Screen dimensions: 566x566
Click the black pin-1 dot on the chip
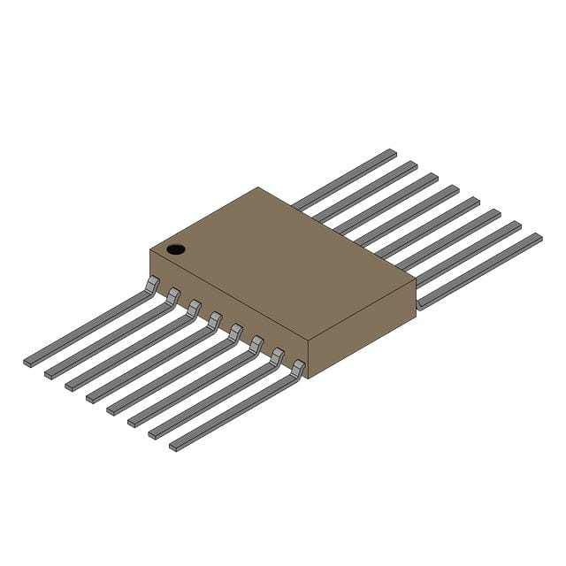[176, 249]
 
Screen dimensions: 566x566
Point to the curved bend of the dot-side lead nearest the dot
[151, 285]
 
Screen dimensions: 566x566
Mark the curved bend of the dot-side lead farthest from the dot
[297, 369]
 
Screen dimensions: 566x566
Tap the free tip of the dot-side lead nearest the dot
[29, 361]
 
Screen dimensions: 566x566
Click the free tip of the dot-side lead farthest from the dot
[175, 446]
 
